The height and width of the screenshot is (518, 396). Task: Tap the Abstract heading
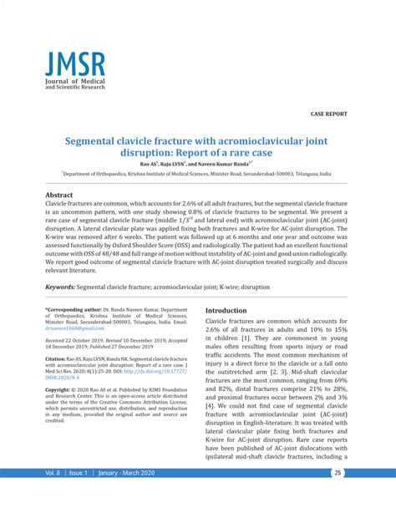coord(64,195)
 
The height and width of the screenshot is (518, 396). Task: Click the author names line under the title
coord(196,164)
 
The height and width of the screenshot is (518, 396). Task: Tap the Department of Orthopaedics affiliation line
coord(196,175)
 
